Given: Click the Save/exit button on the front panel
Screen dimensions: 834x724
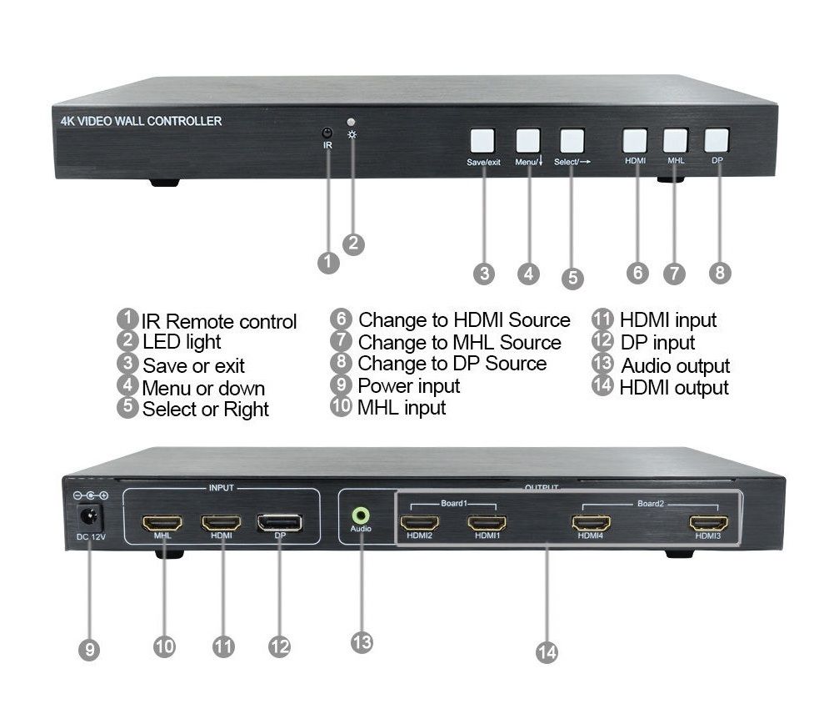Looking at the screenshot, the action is [x=482, y=141].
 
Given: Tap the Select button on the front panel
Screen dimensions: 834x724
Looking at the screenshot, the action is [x=572, y=141].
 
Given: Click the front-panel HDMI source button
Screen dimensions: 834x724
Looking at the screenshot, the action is [x=635, y=140].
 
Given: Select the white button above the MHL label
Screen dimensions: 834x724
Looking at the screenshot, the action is [x=676, y=140].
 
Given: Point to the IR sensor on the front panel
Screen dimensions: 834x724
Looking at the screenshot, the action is [x=327, y=133].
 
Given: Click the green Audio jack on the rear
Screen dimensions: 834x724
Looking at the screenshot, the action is [x=361, y=515].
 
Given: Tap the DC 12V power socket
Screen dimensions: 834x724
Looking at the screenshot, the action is [x=89, y=516].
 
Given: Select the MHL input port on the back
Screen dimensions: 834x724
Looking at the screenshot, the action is [x=162, y=523].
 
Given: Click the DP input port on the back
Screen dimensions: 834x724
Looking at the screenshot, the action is [x=280, y=523].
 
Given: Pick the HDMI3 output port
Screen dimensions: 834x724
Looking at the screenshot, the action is [x=708, y=523].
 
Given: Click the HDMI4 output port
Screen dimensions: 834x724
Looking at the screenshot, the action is [x=591, y=523].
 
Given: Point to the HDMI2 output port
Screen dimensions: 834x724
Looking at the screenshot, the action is [x=420, y=523].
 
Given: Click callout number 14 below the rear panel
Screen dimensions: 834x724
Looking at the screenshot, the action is [x=547, y=652].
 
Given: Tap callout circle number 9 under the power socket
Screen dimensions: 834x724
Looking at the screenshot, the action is [x=89, y=650].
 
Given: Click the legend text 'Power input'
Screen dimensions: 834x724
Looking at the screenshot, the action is [x=408, y=386].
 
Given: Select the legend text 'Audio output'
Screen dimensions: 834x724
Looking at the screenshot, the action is [x=676, y=366].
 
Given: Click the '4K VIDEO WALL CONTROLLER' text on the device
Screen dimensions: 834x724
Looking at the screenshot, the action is [x=141, y=122].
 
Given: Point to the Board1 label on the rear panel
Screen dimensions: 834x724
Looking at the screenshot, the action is [x=454, y=503].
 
